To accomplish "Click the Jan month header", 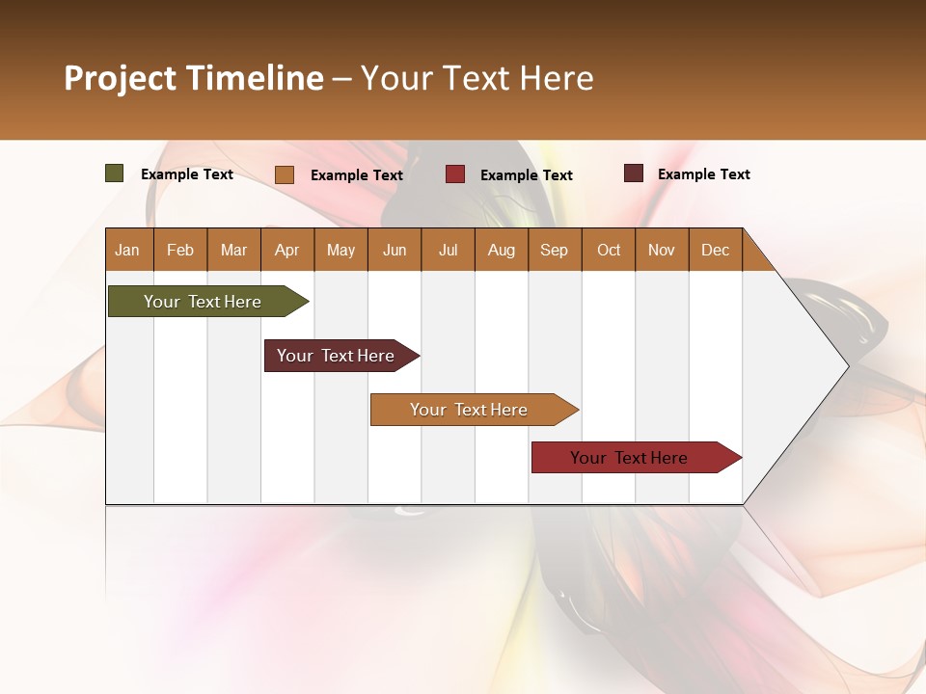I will (x=128, y=250).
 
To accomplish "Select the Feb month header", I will (x=180, y=250).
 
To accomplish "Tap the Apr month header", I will (x=287, y=250).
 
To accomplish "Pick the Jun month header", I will (x=395, y=250).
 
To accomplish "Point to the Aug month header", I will (x=502, y=250).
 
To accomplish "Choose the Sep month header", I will (x=555, y=250).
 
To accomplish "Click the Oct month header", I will (x=609, y=250).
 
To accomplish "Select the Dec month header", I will (x=716, y=250).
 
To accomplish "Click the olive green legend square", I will (x=115, y=173).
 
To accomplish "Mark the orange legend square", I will (x=285, y=174).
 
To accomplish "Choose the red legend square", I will (x=455, y=174).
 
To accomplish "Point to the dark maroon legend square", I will (x=634, y=173).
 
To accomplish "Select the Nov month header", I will (x=662, y=250).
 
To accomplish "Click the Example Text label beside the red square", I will (x=527, y=175).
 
